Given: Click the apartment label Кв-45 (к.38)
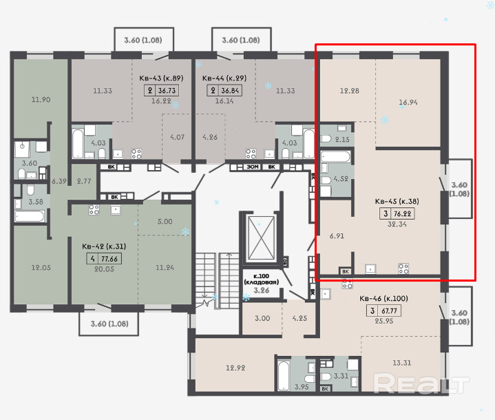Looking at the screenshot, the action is point(397,201).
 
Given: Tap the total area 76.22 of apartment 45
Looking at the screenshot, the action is point(402,213).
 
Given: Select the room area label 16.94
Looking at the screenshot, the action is point(408,102).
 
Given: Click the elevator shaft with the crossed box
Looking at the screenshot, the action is point(261,238).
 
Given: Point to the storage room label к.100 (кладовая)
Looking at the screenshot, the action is point(262,279).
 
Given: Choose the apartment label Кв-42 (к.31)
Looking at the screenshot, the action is point(104,246).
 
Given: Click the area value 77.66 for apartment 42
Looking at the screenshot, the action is point(109,259).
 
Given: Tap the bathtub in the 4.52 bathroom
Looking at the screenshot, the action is point(335,156).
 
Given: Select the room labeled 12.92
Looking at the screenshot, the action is point(235,368).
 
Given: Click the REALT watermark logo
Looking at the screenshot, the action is point(421,383).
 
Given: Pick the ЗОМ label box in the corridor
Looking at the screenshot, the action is point(253,167).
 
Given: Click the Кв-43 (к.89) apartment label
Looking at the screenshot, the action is point(161,78).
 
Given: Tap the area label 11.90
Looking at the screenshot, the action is point(41,99).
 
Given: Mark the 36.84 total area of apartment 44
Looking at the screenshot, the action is point(230,91).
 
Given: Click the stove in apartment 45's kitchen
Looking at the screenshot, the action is point(403,269).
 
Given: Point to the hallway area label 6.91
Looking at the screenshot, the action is point(337,235).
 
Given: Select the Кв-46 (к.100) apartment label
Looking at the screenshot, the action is point(383,298).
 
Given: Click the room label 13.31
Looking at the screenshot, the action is point(402,363).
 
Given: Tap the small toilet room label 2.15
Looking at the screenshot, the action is point(342,139).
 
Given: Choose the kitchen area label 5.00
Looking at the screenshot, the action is point(165,222).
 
